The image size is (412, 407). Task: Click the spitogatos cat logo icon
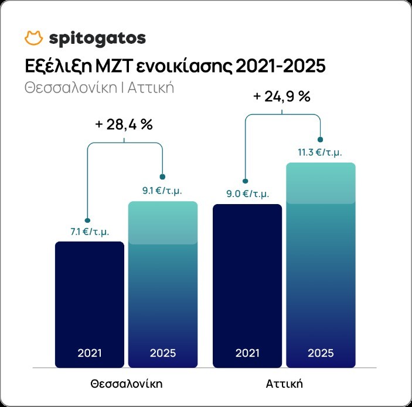(35, 38)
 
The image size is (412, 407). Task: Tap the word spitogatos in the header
(97, 39)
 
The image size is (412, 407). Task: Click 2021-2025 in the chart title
(280, 65)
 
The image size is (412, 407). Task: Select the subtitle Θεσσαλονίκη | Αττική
(100, 88)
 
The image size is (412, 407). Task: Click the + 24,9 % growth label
(281, 96)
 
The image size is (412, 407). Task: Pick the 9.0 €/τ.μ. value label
(247, 194)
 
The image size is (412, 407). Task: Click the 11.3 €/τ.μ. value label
(320, 152)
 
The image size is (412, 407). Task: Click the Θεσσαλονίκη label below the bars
(126, 384)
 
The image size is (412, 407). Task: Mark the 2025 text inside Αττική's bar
(320, 353)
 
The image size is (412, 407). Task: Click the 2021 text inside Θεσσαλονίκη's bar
(89, 353)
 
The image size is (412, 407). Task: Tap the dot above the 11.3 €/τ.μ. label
(320, 139)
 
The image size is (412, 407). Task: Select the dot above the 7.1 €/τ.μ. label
(87, 220)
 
